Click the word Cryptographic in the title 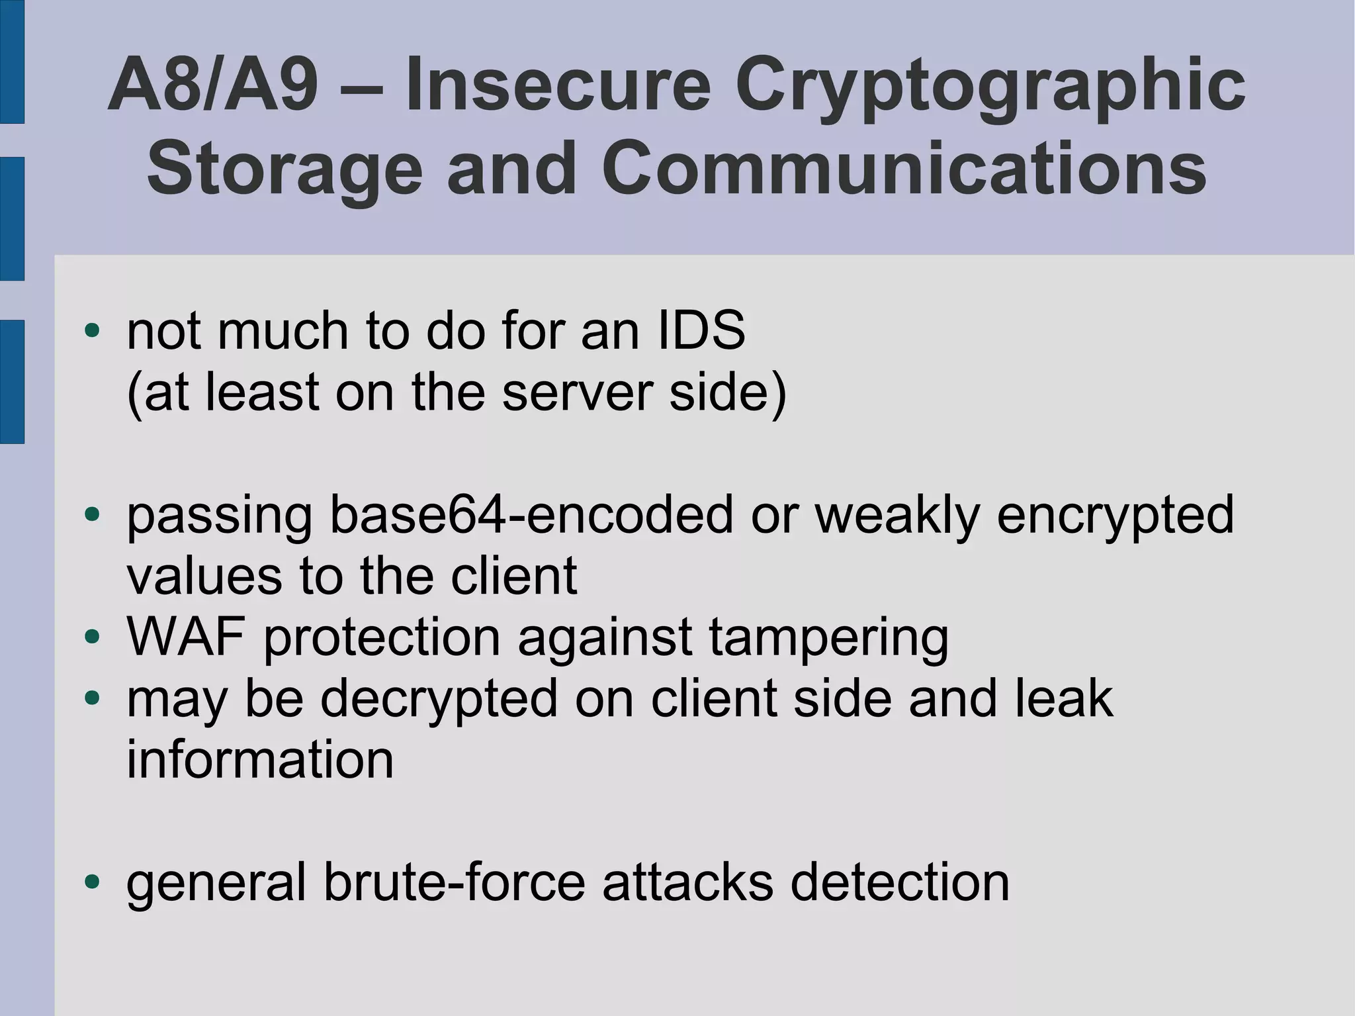990,86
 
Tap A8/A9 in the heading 213,86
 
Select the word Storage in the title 284,169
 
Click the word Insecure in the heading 558,86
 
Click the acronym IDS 701,330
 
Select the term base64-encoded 531,514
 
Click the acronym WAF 186,637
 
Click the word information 260,759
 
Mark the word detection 900,882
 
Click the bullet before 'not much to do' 92,330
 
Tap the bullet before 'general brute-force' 92,882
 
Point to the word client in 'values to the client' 513,576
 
